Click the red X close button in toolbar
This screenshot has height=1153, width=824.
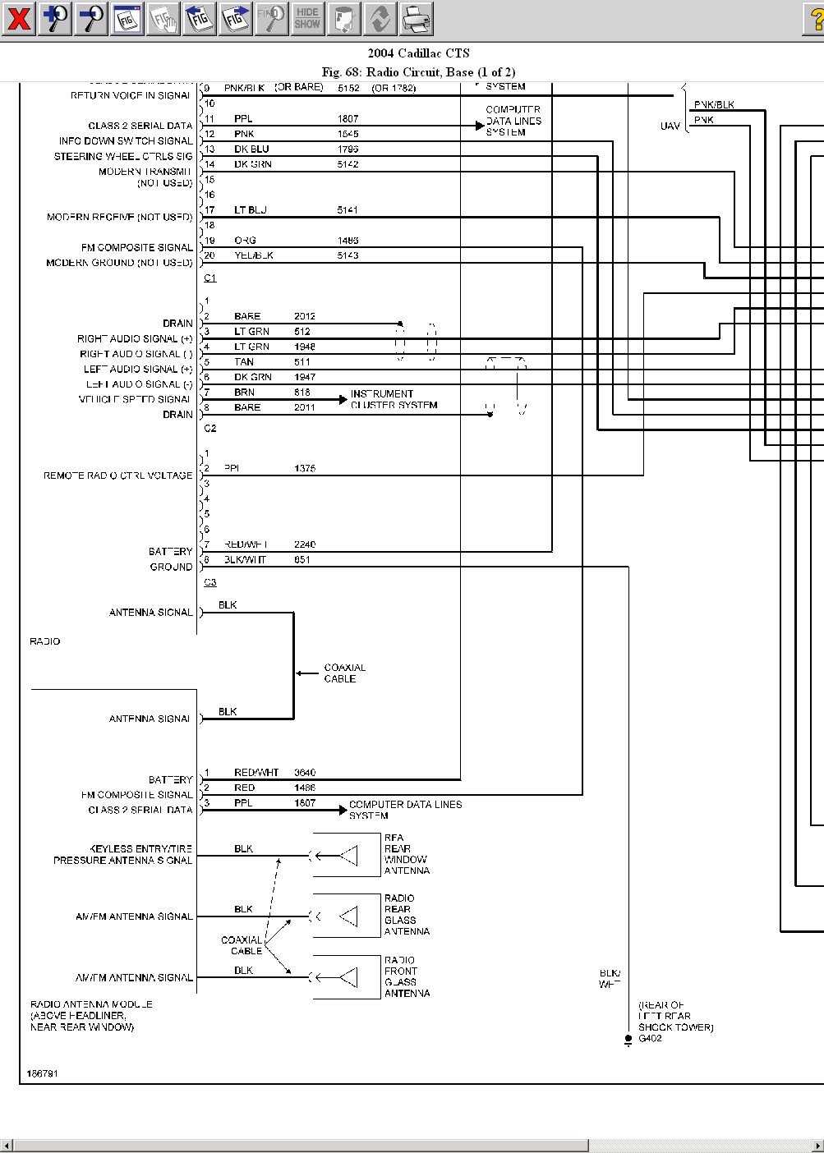[18, 18]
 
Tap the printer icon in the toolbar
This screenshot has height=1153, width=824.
[417, 18]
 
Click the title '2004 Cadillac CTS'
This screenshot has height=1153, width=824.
[418, 53]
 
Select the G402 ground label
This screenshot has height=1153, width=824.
[650, 1039]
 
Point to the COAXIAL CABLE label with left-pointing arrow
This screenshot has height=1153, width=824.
[344, 673]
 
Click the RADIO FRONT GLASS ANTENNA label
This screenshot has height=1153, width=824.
[407, 976]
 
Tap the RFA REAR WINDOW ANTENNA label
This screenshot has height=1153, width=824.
[407, 854]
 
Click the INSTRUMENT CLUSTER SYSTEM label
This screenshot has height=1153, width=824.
[394, 400]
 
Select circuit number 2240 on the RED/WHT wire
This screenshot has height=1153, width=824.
[305, 544]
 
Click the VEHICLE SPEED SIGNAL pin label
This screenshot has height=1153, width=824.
[135, 399]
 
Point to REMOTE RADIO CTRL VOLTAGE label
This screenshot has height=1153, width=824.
[117, 475]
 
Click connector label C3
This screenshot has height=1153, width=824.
[210, 582]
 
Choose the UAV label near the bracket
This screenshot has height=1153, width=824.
[670, 126]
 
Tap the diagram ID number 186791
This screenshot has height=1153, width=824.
[43, 1074]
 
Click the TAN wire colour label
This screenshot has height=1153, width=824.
[244, 362]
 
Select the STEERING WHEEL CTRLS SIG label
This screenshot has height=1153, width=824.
[123, 156]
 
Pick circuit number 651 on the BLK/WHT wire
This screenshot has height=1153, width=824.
[302, 560]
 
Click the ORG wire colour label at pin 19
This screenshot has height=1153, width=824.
[245, 241]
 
